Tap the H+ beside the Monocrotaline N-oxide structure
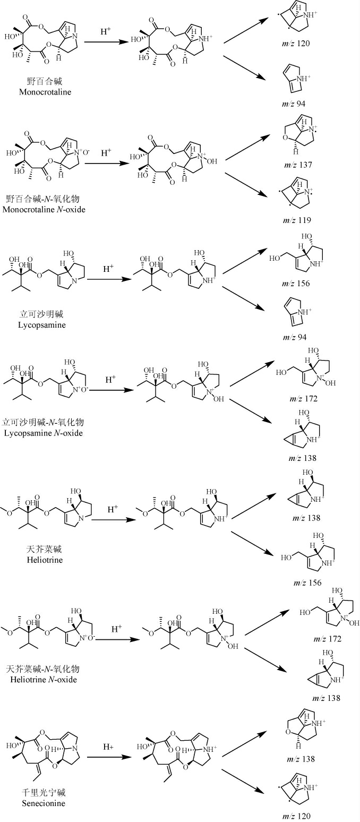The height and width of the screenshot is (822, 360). [106, 152]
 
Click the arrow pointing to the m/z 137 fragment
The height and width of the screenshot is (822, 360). [245, 145]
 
